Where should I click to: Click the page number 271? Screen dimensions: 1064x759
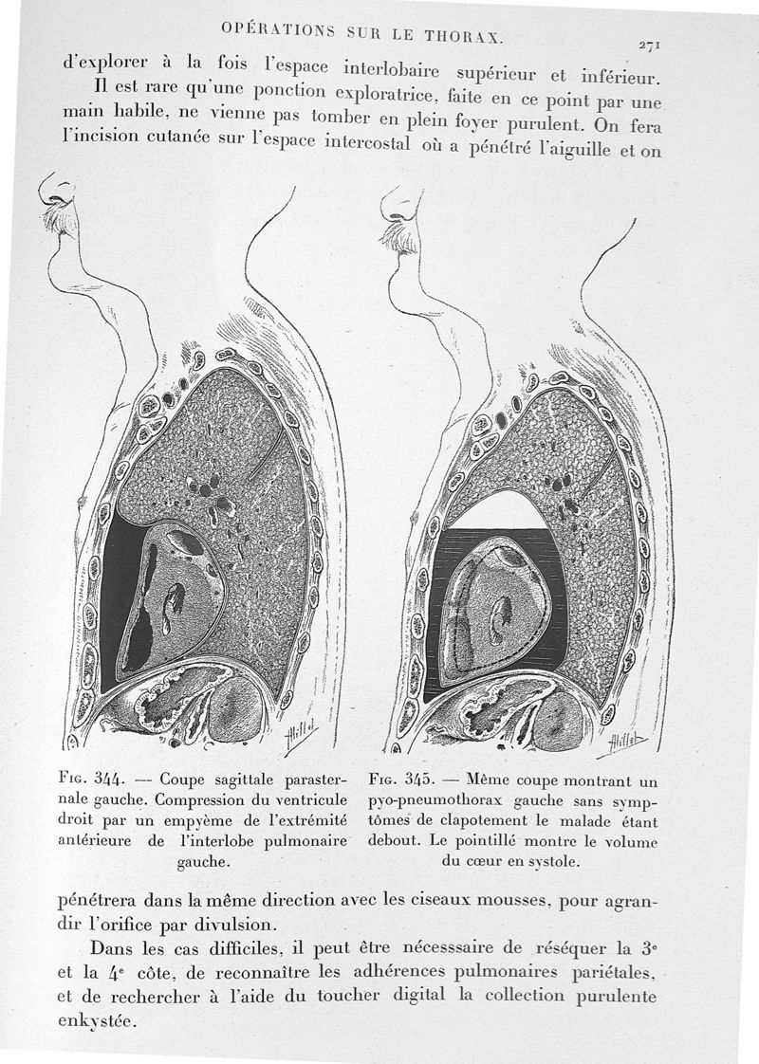(x=650, y=45)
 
